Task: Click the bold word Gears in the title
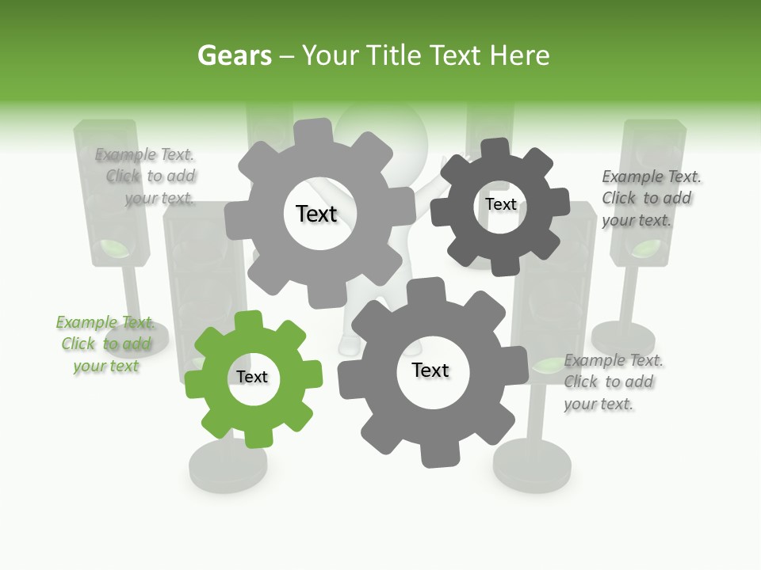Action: (235, 55)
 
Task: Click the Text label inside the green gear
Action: (252, 377)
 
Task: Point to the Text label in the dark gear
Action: (501, 204)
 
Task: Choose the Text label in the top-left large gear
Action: (316, 214)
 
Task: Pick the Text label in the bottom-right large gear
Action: (430, 370)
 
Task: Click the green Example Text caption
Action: (105, 344)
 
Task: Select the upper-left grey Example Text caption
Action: (146, 177)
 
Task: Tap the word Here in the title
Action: (520, 55)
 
